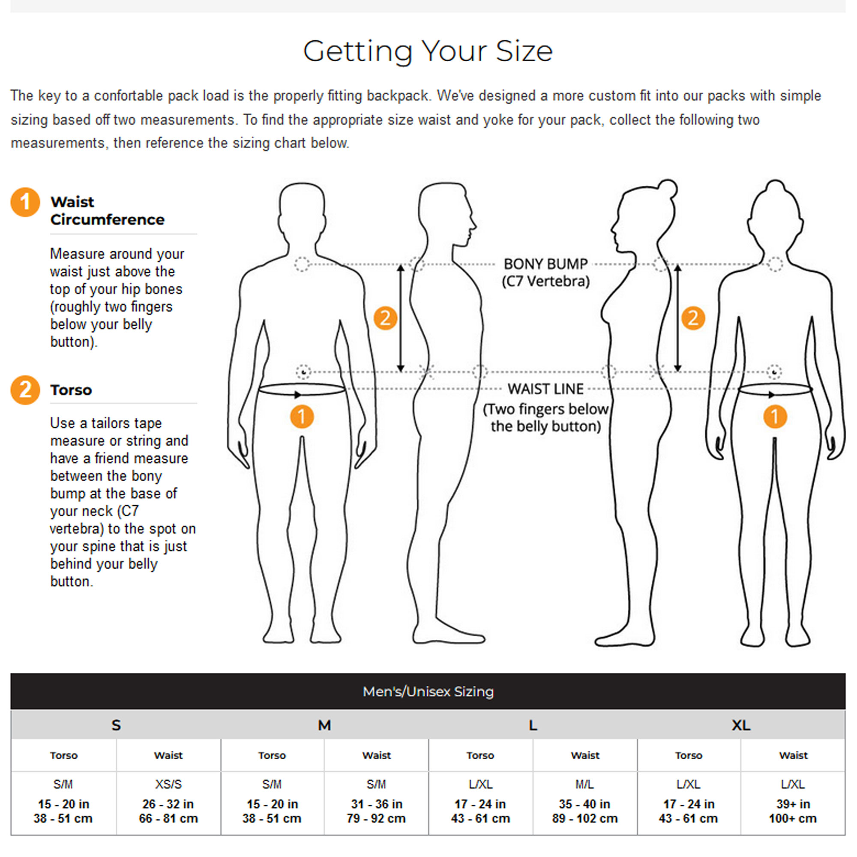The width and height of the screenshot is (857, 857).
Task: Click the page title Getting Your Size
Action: pos(428,51)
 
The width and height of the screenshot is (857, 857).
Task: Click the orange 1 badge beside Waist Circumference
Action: pos(25,202)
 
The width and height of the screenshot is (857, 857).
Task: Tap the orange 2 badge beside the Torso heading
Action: pos(25,390)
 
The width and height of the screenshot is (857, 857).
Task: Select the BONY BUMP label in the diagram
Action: pos(545,264)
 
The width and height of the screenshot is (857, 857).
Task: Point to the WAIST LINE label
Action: pos(545,389)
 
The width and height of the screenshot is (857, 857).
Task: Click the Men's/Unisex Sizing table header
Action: pos(428,692)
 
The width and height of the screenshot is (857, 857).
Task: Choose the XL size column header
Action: pos(741,725)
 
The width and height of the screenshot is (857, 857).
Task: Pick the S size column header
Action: pos(116,725)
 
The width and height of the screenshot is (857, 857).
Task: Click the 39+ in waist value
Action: pos(793,804)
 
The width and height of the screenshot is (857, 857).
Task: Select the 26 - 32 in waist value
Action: pos(168,804)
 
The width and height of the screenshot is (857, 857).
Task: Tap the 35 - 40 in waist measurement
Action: pos(584,804)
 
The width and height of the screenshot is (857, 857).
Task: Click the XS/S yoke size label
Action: pos(168,784)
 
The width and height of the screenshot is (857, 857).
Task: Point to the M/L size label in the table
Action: pos(584,784)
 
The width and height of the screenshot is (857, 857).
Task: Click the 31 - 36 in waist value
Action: pos(377,804)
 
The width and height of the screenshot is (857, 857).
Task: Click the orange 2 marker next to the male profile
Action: pos(385,318)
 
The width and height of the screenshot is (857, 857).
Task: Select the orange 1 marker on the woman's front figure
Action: pos(775,417)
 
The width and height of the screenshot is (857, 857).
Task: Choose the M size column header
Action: pos(324,725)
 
